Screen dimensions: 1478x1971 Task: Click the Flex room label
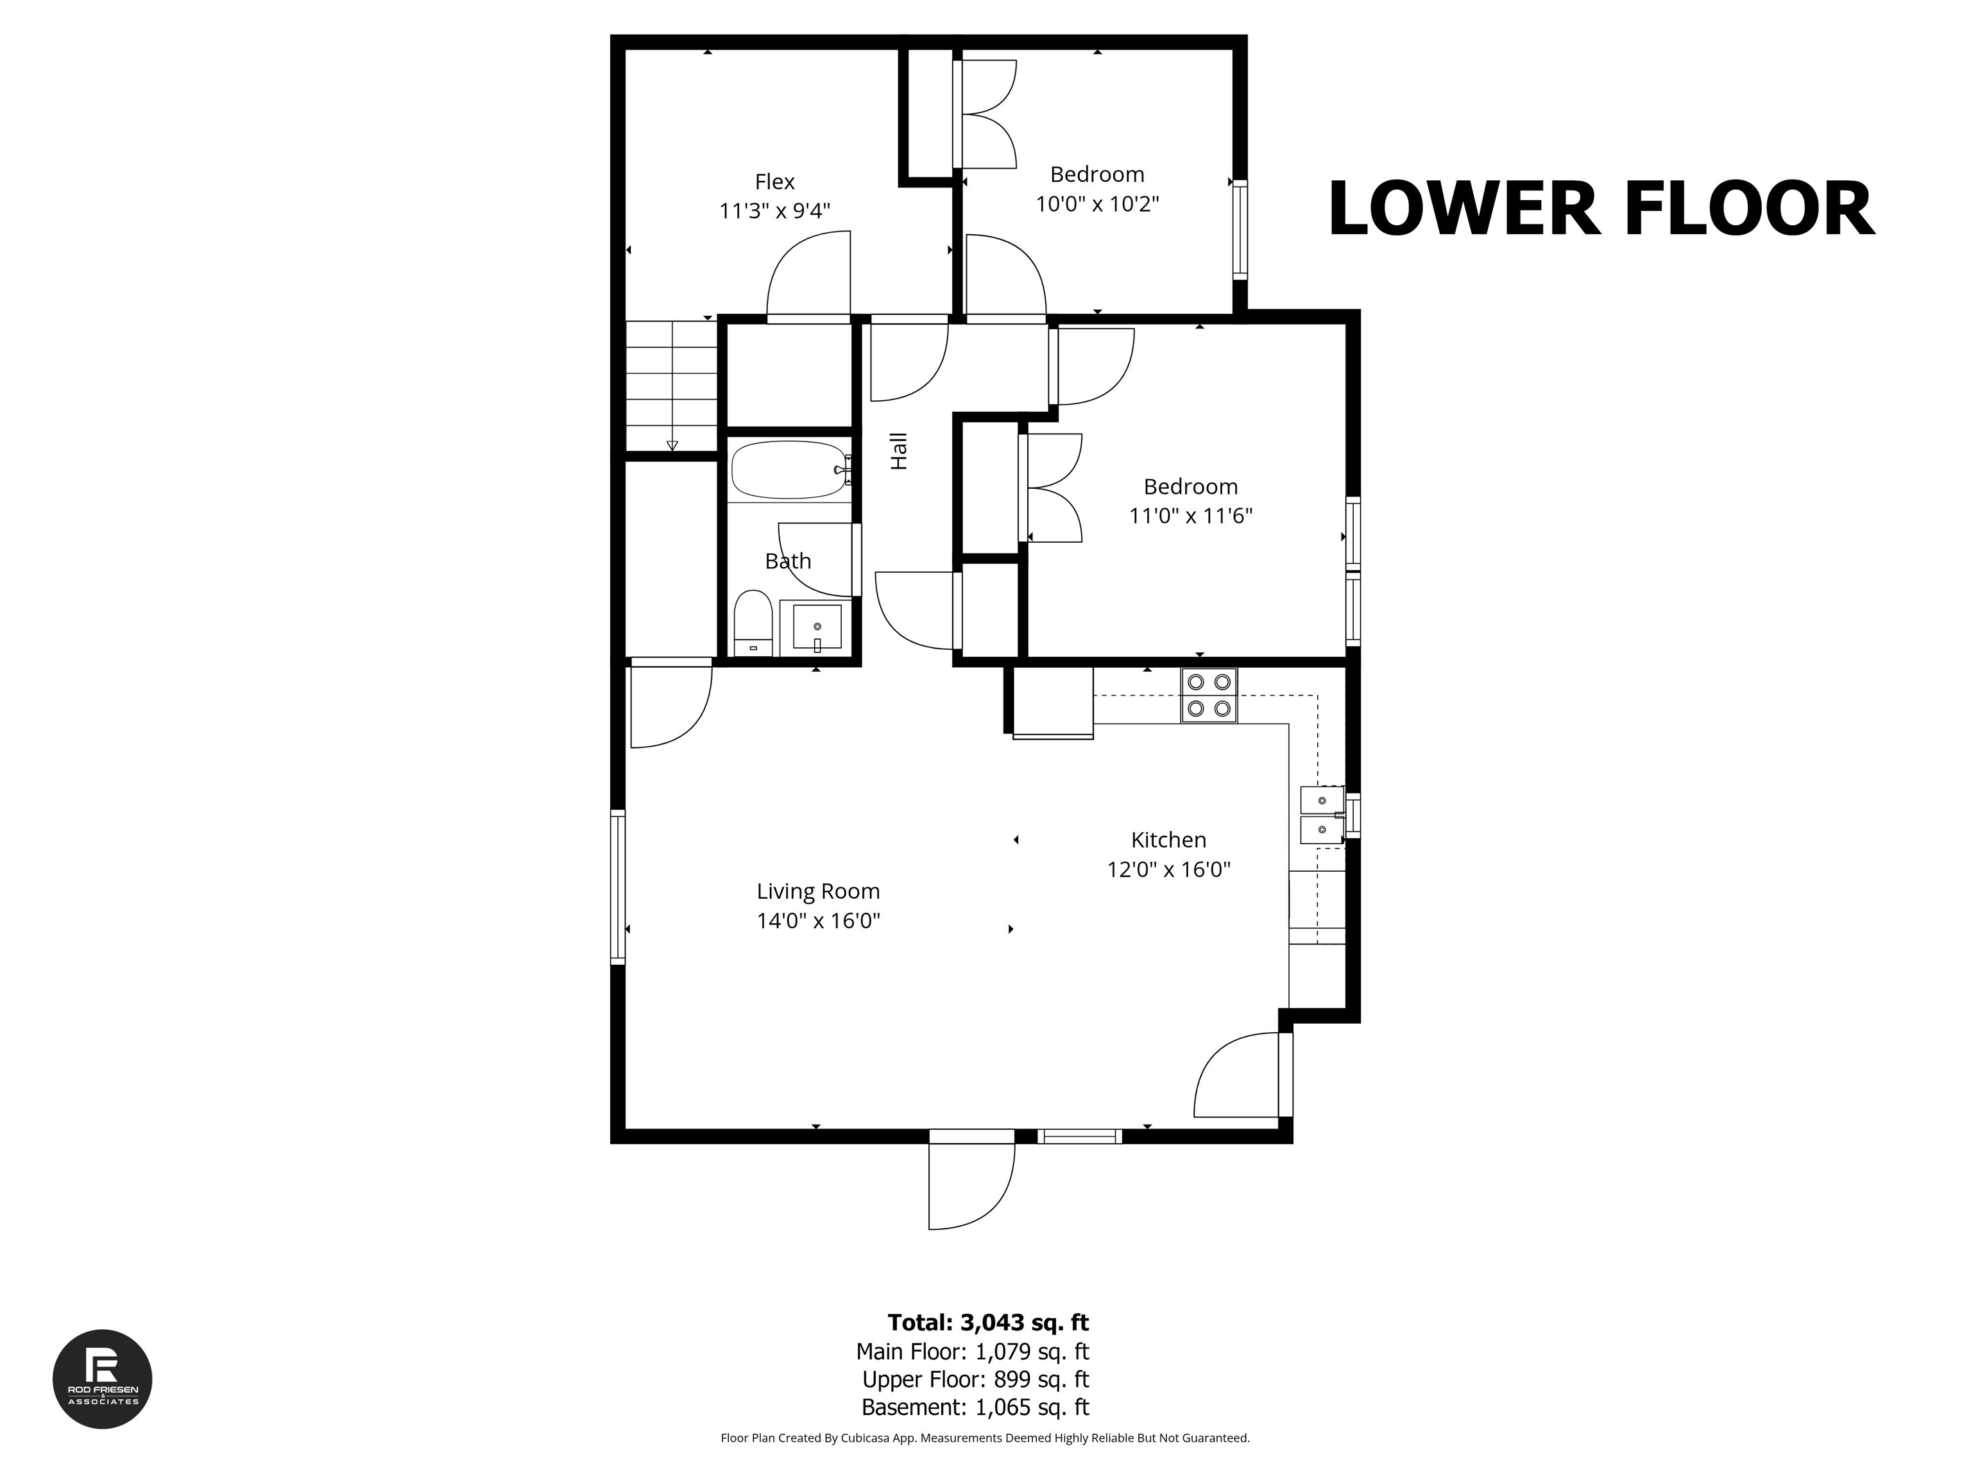pyautogui.click(x=774, y=182)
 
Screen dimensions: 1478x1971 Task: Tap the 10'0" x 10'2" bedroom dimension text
pyautogui.click(x=1097, y=204)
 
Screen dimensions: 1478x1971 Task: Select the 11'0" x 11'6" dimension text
pyautogui.click(x=1190, y=516)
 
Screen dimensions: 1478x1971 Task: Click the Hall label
pyautogui.click(x=899, y=451)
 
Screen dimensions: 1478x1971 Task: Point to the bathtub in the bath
pyautogui.click(x=788, y=470)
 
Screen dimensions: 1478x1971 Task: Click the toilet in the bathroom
pyautogui.click(x=753, y=620)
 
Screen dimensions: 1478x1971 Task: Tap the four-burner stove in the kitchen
pyautogui.click(x=1209, y=695)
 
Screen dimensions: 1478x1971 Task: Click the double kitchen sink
pyautogui.click(x=1322, y=814)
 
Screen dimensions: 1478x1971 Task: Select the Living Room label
pyautogui.click(x=818, y=891)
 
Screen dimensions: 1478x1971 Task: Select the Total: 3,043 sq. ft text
pyautogui.click(x=988, y=1322)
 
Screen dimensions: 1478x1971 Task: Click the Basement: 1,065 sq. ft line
pyautogui.click(x=975, y=1407)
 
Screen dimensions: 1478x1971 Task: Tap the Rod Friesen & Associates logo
pyautogui.click(x=103, y=1379)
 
